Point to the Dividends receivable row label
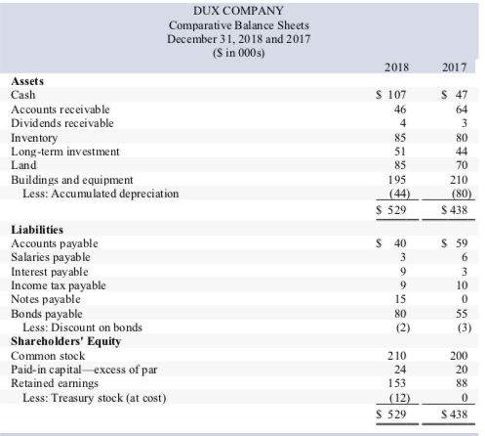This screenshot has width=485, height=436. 61,123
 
